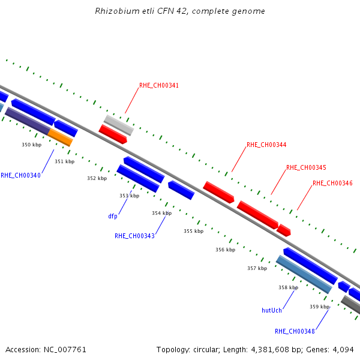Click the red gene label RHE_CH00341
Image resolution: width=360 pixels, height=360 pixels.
click(159, 85)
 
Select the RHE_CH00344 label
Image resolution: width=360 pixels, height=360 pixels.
click(266, 145)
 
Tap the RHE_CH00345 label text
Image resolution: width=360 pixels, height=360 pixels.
click(306, 167)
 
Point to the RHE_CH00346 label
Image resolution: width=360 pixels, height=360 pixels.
click(332, 183)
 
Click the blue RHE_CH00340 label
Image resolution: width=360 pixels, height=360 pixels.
click(20, 175)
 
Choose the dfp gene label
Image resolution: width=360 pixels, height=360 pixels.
click(113, 216)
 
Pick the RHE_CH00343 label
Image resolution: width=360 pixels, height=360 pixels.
click(134, 236)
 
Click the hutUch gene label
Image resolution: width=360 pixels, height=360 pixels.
click(272, 310)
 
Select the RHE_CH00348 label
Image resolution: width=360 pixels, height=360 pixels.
click(295, 331)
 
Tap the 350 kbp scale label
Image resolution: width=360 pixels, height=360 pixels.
click(32, 145)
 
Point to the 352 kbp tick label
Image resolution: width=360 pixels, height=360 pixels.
click(97, 178)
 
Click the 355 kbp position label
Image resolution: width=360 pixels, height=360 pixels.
click(194, 231)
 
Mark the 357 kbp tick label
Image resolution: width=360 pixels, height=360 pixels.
click(257, 268)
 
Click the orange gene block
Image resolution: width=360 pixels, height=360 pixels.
click(61, 137)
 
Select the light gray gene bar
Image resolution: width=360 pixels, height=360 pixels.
click(119, 125)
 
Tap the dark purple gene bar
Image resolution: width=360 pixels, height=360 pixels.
click(28, 121)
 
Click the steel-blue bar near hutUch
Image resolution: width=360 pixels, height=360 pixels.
click(304, 274)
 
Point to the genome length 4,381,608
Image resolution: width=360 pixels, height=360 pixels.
click(270, 350)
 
